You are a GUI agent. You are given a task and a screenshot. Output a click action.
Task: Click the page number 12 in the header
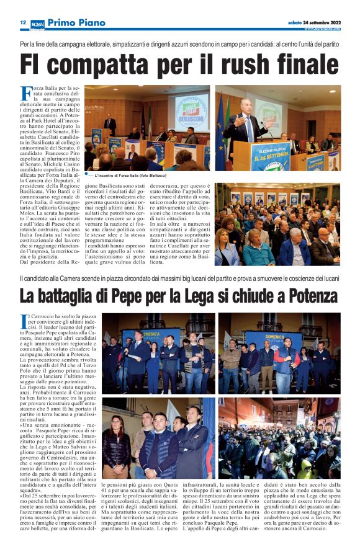click(x=22, y=23)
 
